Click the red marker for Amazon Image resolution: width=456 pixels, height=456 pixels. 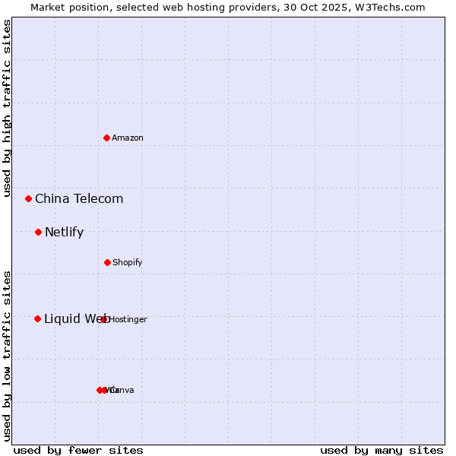(x=107, y=138)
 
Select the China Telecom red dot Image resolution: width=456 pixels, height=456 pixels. (x=29, y=198)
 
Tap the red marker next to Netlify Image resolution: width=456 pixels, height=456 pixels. (x=38, y=232)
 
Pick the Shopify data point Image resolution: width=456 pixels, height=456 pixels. (x=107, y=262)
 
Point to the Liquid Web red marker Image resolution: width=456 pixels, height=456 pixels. (x=37, y=318)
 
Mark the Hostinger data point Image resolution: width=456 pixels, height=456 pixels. (x=104, y=319)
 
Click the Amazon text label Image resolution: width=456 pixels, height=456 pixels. (x=128, y=138)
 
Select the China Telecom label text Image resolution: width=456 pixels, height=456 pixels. (x=79, y=198)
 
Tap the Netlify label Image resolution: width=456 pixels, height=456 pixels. (x=64, y=232)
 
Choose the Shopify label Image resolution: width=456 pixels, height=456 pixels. (x=128, y=262)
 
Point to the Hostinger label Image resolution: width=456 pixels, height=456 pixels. (x=128, y=319)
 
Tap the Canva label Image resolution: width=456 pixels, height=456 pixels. (x=122, y=390)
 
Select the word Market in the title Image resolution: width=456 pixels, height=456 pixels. (x=49, y=7)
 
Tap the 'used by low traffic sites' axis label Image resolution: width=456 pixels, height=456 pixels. (x=7, y=355)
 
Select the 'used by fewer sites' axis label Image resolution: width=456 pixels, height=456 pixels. (x=78, y=450)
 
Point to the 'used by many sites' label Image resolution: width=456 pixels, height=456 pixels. (x=382, y=450)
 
